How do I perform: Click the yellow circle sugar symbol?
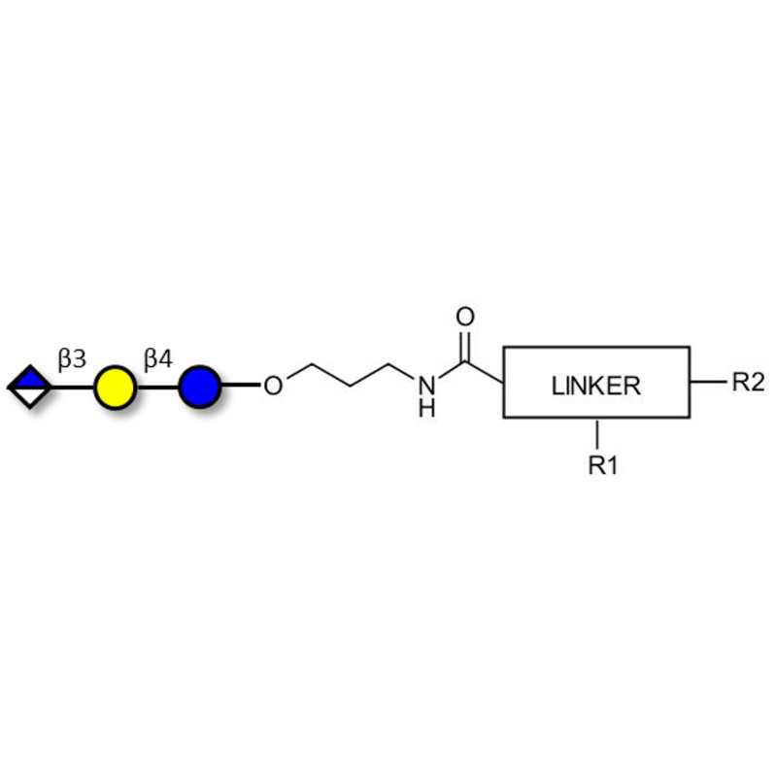click(114, 388)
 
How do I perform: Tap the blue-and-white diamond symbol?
click(30, 388)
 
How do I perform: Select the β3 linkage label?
click(71, 359)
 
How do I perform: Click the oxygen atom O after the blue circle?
click(273, 387)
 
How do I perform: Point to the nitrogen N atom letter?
click(425, 386)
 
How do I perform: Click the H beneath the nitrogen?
click(425, 409)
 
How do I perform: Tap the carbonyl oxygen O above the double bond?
click(465, 318)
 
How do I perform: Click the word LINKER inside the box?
click(595, 386)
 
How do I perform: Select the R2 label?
click(748, 382)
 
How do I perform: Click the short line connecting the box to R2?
click(707, 382)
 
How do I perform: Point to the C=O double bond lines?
click(465, 346)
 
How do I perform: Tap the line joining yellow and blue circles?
click(156, 388)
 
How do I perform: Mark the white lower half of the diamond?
click(30, 397)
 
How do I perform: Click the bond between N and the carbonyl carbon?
click(449, 371)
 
